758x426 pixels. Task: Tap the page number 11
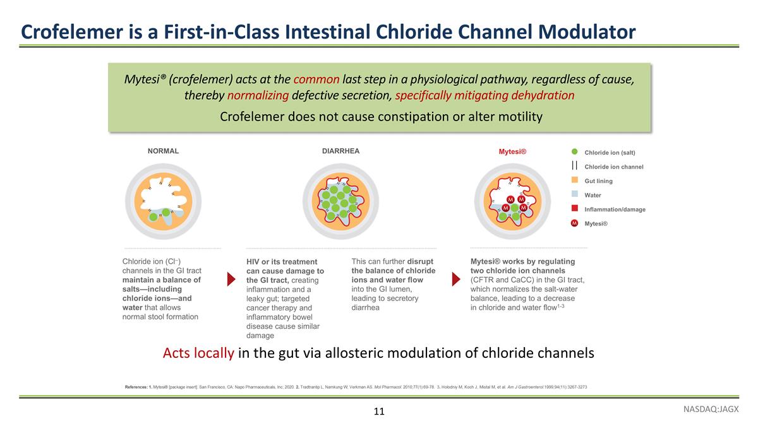379,411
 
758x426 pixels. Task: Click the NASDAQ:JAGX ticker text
710,409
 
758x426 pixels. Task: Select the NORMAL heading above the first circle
163,151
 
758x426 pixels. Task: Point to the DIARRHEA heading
340,151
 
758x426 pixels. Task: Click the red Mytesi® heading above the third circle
512,152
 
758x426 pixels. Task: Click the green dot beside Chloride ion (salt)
575,152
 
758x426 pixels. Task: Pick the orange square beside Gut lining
575,180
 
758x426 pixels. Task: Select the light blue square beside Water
575,195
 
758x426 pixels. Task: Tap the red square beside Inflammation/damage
575,209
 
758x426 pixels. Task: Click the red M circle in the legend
575,223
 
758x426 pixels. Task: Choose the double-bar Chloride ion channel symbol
575,167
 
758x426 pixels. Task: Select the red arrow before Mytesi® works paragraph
456,278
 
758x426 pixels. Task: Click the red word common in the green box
316,80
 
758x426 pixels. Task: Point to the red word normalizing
258,96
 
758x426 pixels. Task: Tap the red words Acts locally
198,353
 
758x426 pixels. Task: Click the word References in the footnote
136,386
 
